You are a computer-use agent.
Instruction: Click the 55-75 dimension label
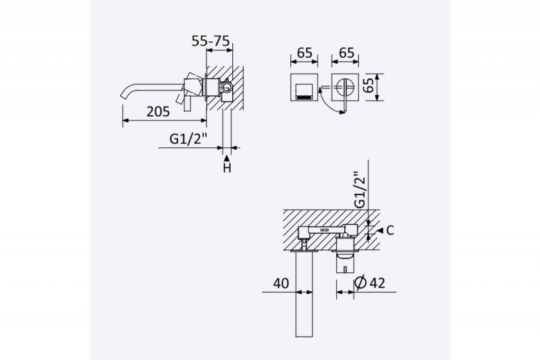pyautogui.click(x=211, y=41)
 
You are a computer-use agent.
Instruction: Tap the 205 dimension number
pyautogui.click(x=158, y=111)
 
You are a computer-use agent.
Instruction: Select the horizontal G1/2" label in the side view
pyautogui.click(x=188, y=139)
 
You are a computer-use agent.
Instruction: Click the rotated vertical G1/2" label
pyautogui.click(x=360, y=190)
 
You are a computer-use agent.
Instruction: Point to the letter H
pyautogui.click(x=227, y=168)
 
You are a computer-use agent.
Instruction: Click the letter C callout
pyautogui.click(x=390, y=230)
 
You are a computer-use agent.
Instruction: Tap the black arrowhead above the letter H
pyautogui.click(x=227, y=158)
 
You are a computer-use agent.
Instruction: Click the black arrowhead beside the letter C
pyautogui.click(x=379, y=230)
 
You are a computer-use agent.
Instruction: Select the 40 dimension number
pyautogui.click(x=281, y=284)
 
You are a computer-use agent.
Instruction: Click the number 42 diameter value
pyautogui.click(x=377, y=283)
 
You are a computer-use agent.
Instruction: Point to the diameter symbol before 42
pyautogui.click(x=360, y=283)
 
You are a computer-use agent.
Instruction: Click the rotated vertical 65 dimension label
pyautogui.click(x=369, y=85)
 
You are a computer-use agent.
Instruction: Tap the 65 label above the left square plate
pyautogui.click(x=305, y=53)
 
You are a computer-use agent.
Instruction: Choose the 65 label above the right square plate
pyautogui.click(x=346, y=53)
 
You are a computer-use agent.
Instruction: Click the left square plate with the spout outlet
pyautogui.click(x=304, y=88)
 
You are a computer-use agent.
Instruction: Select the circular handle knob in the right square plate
pyautogui.click(x=345, y=86)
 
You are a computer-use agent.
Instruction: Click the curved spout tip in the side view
pyautogui.click(x=124, y=95)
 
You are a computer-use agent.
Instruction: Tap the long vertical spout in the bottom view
pyautogui.click(x=304, y=294)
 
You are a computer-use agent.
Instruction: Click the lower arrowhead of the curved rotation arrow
pyautogui.click(x=342, y=111)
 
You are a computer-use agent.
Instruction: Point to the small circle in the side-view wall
pyautogui.click(x=226, y=87)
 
